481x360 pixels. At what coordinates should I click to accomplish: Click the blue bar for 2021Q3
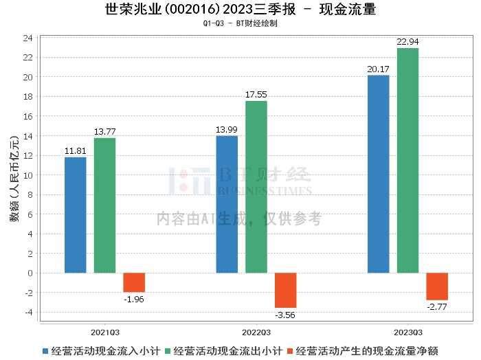76,215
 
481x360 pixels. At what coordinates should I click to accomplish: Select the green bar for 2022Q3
256,187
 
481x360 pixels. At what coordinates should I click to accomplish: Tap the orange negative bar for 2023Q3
437,286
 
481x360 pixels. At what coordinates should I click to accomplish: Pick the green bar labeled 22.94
407,160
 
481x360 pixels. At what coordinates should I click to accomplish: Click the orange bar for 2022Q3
286,290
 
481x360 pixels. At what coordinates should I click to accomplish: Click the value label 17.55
256,94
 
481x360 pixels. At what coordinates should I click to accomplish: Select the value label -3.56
286,315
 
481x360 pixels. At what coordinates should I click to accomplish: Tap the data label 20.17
378,69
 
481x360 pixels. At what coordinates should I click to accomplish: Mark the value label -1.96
134,300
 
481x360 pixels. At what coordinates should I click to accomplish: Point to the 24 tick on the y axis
28,38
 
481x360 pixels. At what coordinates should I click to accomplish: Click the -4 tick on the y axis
28,312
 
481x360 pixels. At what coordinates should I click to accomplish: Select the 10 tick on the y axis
28,175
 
